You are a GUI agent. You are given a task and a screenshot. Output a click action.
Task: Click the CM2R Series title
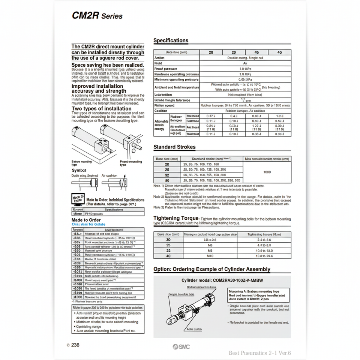point(97,16)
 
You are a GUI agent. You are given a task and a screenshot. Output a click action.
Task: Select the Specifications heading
point(171,40)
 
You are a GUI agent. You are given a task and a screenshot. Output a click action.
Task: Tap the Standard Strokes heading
point(174,147)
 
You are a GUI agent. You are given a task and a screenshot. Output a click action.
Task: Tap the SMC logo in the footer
point(181,347)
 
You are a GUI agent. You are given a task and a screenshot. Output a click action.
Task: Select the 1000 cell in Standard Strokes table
point(267,172)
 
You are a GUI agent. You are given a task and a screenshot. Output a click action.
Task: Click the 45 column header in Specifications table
point(256,52)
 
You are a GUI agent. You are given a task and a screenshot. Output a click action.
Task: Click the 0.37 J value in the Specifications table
point(211,116)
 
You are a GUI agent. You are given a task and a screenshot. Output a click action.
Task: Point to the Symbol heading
point(79,170)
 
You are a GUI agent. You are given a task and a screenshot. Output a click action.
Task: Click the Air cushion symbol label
point(109,175)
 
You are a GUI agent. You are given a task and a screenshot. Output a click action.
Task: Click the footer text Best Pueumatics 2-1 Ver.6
point(259,353)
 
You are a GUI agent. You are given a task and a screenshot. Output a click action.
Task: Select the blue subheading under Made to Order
point(88,224)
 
